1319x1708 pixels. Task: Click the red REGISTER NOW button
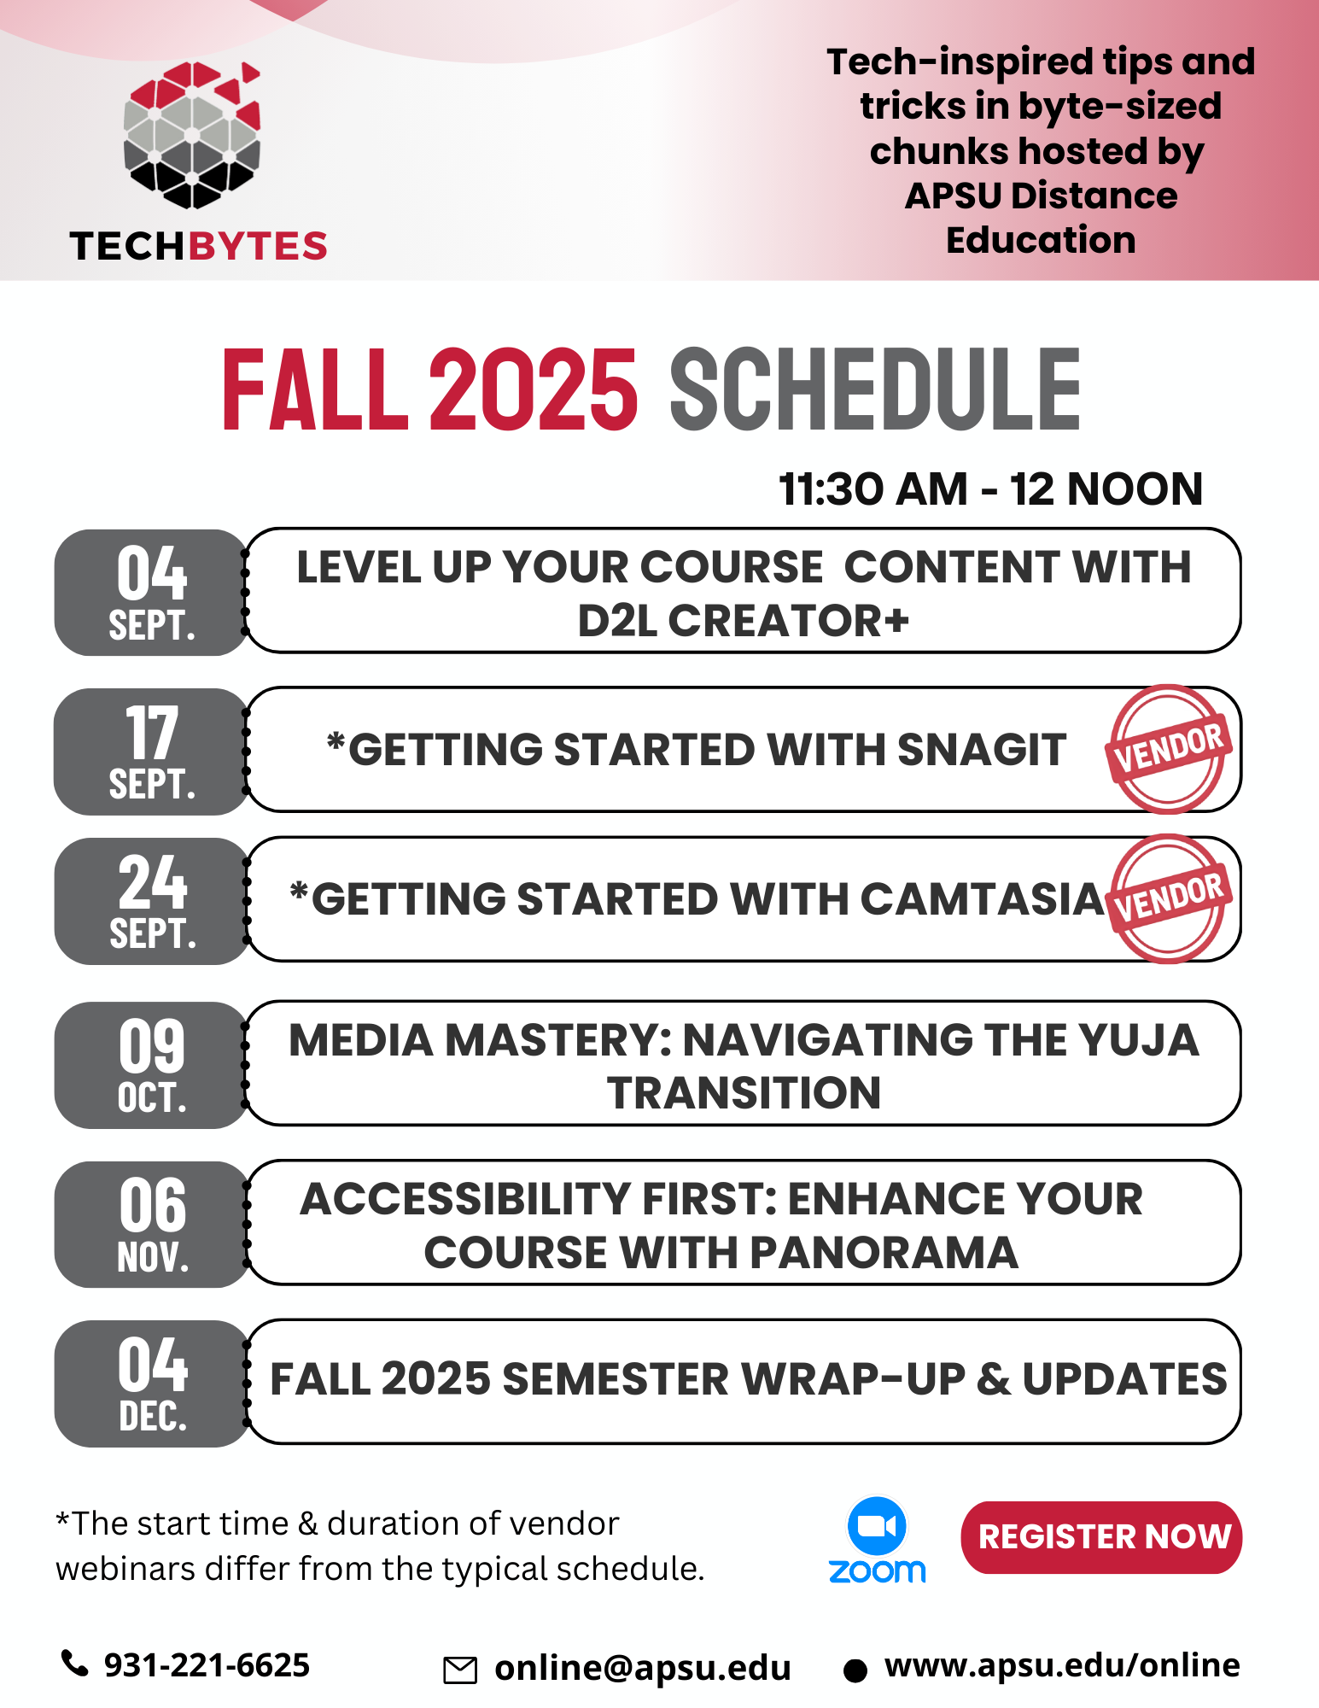pyautogui.click(x=1101, y=1537)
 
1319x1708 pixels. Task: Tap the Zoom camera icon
pyautogui.click(x=877, y=1526)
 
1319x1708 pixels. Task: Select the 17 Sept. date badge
pyautogui.click(x=151, y=752)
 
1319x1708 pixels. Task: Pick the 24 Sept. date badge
pyautogui.click(x=151, y=901)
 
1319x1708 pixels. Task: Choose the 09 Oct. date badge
pyautogui.click(x=151, y=1065)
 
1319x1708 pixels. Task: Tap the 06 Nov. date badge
pyautogui.click(x=151, y=1224)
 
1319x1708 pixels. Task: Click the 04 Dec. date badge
pyautogui.click(x=151, y=1383)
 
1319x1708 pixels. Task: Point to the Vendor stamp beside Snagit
pyautogui.click(x=1168, y=749)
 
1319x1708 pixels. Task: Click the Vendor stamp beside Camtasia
pyautogui.click(x=1168, y=898)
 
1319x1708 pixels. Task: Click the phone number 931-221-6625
pyautogui.click(x=207, y=1665)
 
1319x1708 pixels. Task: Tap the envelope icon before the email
pyautogui.click(x=460, y=1670)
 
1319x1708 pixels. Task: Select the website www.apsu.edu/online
pyautogui.click(x=1061, y=1665)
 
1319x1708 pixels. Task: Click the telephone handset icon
pyautogui.click(x=75, y=1664)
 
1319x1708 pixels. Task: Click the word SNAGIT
pyautogui.click(x=982, y=750)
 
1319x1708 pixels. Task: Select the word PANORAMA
pyautogui.click(x=884, y=1253)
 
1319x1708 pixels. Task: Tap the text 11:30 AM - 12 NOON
pyautogui.click(x=990, y=489)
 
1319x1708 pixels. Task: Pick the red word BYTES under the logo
pyautogui.click(x=258, y=246)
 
